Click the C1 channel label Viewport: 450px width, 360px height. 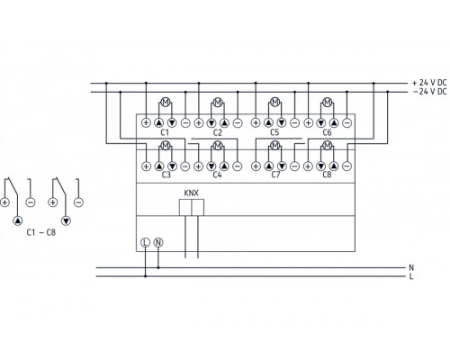[164, 132]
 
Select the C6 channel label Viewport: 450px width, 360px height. [326, 132]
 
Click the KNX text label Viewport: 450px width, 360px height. [191, 193]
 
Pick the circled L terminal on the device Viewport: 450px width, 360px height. [146, 241]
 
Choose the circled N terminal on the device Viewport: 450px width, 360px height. [159, 241]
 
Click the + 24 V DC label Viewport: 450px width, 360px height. [426, 82]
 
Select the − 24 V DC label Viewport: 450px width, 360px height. [426, 91]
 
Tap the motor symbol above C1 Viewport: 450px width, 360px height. [165, 101]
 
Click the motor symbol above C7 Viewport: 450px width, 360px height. [273, 146]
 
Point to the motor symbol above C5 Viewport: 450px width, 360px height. [273, 101]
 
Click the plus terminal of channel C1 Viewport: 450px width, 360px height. [146, 121]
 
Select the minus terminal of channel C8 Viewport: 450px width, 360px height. [347, 166]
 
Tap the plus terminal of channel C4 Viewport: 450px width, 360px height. [200, 166]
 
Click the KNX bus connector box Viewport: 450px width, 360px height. [191, 207]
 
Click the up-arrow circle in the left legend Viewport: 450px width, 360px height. [17, 219]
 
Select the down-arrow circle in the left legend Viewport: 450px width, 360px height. [65, 219]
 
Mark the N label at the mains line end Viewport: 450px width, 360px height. [411, 266]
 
